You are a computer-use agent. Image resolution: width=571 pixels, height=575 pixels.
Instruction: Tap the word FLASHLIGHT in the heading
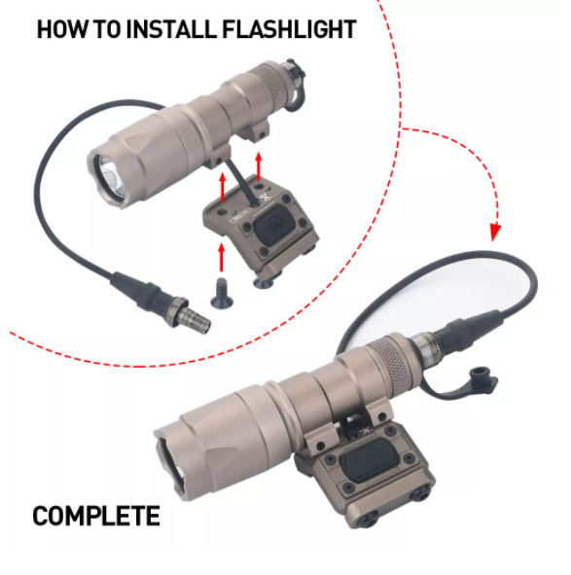[x=290, y=30]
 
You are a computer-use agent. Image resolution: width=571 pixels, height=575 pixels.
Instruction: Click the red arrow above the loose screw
[x=223, y=257]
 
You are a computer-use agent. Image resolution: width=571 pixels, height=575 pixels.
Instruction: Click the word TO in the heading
[x=108, y=30]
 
